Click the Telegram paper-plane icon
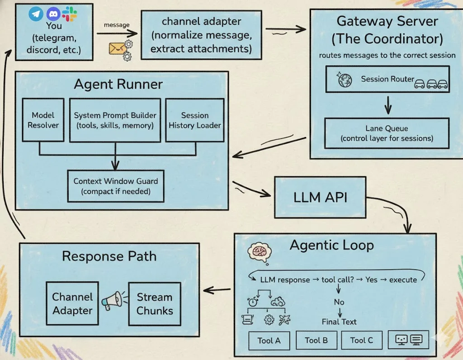click(x=36, y=14)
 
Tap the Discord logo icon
click(x=53, y=14)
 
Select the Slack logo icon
click(x=70, y=14)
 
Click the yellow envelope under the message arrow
click(x=116, y=48)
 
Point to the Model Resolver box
click(x=43, y=120)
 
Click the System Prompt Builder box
click(x=115, y=120)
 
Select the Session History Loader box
click(x=195, y=120)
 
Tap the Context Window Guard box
click(x=116, y=186)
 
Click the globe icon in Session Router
click(x=345, y=80)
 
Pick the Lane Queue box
click(x=387, y=133)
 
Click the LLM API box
click(x=321, y=197)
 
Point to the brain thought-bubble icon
click(x=260, y=253)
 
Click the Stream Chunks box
click(x=155, y=304)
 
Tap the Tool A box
click(x=269, y=341)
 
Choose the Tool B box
click(x=316, y=340)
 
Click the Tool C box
click(x=362, y=340)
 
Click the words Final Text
click(x=339, y=322)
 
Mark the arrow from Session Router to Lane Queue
click(x=388, y=105)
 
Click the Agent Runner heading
click(x=118, y=84)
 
